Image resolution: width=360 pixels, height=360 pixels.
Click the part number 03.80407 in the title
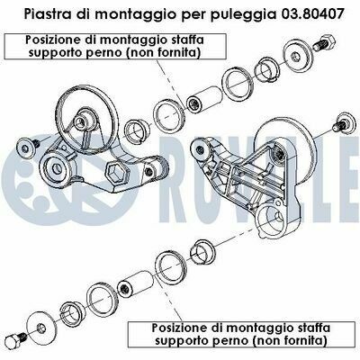(311, 14)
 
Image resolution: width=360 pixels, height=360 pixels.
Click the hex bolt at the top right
(324, 42)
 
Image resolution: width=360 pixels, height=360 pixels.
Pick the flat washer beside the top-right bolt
(296, 56)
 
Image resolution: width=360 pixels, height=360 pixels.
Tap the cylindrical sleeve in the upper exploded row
(204, 99)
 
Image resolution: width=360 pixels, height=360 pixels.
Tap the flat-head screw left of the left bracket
(29, 146)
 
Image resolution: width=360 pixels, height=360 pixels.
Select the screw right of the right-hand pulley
(343, 122)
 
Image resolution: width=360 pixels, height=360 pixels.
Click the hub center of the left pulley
(80, 121)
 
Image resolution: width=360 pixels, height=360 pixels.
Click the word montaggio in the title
(132, 15)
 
